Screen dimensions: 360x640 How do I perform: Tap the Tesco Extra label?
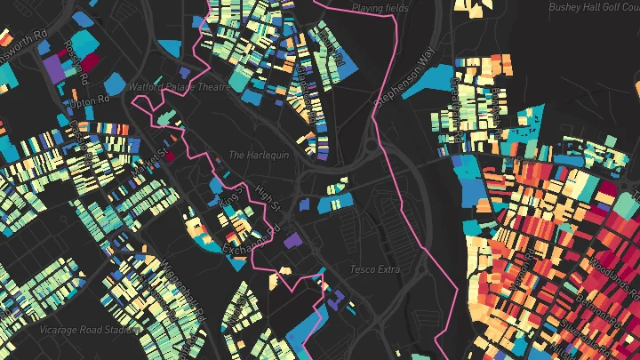pos(375,269)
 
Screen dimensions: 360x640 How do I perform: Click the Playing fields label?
pos(380,8)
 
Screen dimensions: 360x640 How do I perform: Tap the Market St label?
pos(149,158)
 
